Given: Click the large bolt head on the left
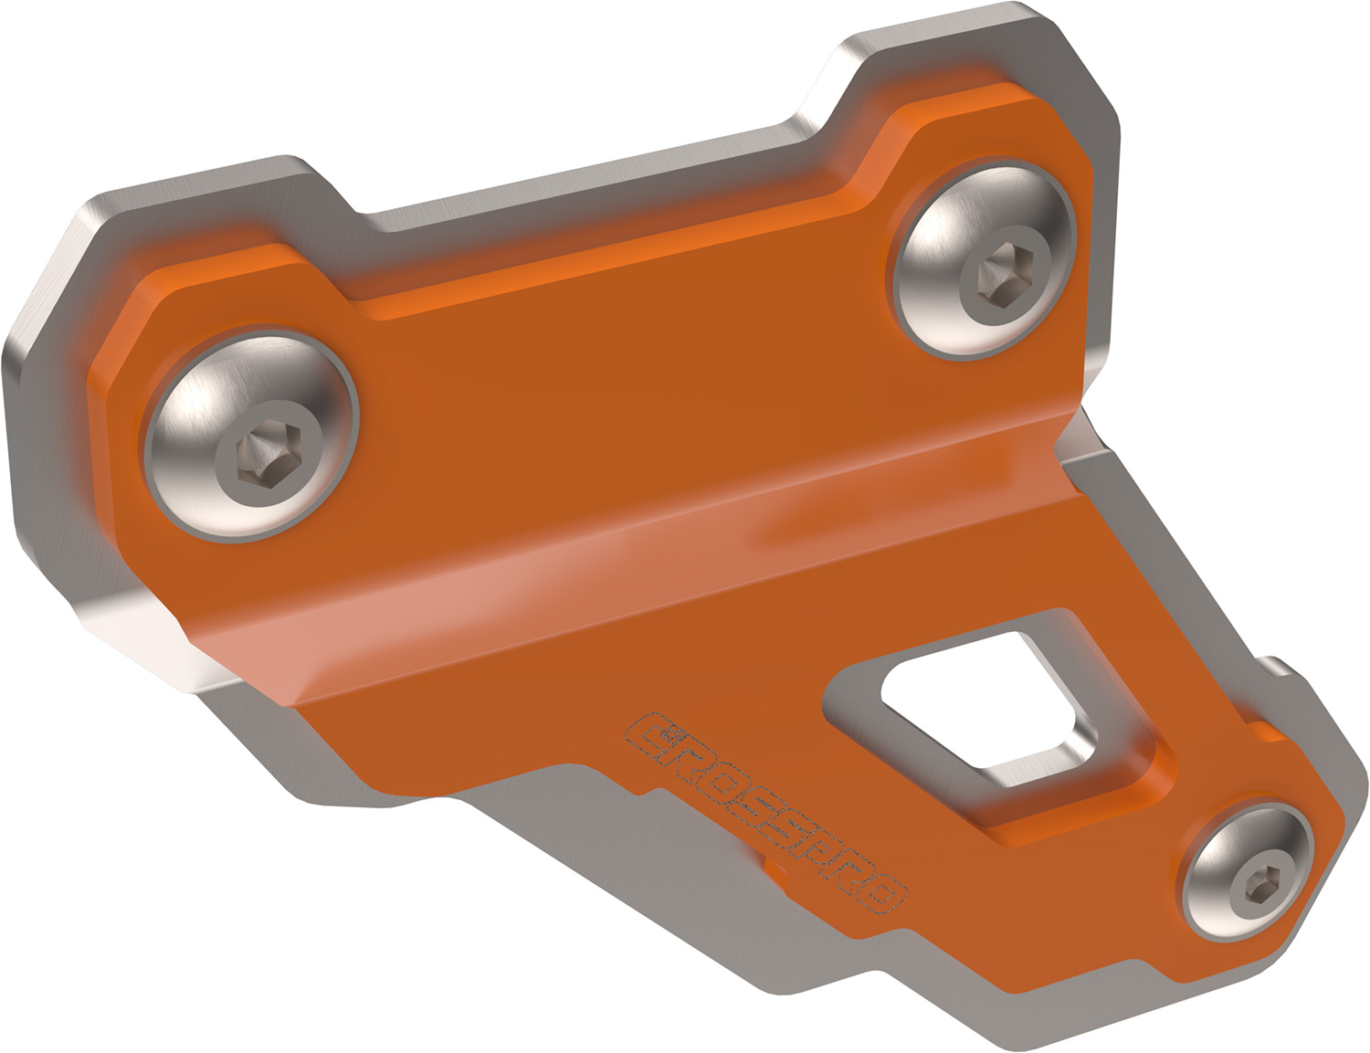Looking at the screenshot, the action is click(250, 434).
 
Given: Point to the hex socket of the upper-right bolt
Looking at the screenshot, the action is click(1005, 271).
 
